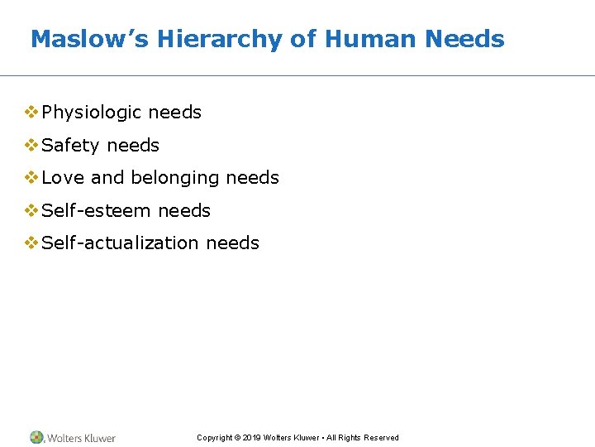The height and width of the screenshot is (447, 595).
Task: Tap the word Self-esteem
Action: (97, 211)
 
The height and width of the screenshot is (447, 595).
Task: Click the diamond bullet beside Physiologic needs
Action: (31, 112)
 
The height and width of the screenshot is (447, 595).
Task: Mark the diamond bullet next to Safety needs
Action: (31, 145)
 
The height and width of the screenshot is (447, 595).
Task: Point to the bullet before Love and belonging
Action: (31, 177)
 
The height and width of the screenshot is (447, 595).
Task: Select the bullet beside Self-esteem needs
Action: (31, 210)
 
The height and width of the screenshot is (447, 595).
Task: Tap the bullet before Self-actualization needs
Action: (31, 243)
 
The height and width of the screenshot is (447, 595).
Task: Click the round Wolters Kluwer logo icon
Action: (37, 437)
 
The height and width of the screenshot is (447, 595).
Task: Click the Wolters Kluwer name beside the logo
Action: (81, 438)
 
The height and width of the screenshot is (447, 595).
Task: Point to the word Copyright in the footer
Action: (214, 438)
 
